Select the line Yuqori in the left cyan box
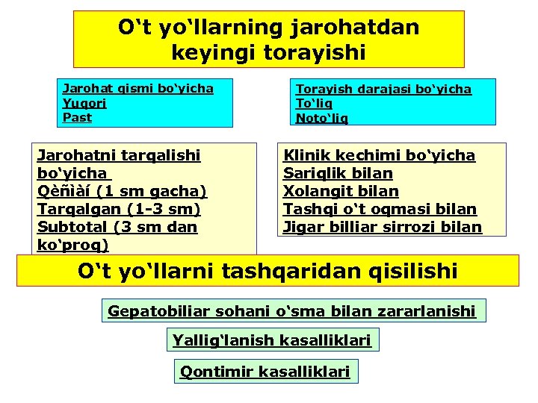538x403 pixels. tap(84, 103)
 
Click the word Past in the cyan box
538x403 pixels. tap(78, 117)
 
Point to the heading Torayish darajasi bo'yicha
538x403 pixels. tap(384, 89)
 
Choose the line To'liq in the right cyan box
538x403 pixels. tap(314, 104)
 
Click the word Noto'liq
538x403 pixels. tap(322, 118)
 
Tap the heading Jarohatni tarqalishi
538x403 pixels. tap(119, 155)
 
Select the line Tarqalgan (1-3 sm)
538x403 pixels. tap(119, 209)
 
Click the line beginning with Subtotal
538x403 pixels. tap(117, 227)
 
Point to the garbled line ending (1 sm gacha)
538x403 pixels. tap(122, 191)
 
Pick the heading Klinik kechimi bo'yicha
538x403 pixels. tap(379, 155)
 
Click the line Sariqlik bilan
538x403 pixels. tap(338, 173)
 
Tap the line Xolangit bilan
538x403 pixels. tap(341, 191)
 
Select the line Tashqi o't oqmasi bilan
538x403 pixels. tap(380, 209)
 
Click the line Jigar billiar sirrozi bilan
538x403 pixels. tap(382, 227)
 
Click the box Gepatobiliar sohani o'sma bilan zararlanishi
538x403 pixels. tap(292, 310)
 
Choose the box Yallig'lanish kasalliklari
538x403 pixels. tap(271, 340)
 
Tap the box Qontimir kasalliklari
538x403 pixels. tap(265, 371)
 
